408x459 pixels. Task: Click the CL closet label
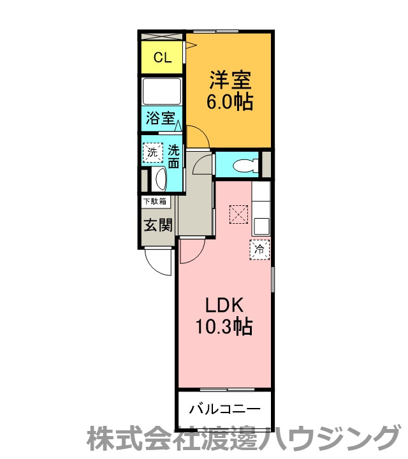click(x=163, y=57)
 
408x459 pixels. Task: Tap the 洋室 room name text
click(x=230, y=80)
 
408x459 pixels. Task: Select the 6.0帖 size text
click(x=229, y=102)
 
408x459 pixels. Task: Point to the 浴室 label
click(x=161, y=119)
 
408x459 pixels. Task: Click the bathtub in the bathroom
click(x=161, y=91)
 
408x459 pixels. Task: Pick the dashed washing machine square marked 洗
click(x=152, y=152)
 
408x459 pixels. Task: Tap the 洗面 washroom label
click(x=173, y=157)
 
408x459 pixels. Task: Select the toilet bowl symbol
click(x=245, y=165)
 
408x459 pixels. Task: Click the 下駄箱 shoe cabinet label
click(x=155, y=201)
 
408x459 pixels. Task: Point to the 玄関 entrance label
click(x=158, y=225)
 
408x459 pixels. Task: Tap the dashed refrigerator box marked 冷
click(x=259, y=249)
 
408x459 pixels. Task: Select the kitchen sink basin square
click(x=261, y=226)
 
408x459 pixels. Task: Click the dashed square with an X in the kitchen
click(x=239, y=215)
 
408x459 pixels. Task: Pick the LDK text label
click(x=224, y=305)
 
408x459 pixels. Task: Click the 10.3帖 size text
click(x=224, y=326)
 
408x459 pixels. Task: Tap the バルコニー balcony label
click(x=224, y=409)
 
